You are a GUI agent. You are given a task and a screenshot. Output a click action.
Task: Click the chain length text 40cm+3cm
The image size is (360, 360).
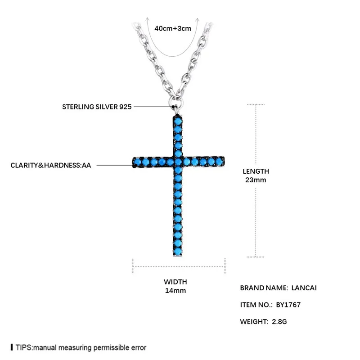[173, 28]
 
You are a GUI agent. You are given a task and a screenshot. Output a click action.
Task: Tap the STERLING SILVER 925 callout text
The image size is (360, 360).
[96, 108]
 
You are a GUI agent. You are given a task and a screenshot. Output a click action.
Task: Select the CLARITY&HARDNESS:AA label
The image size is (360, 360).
[51, 165]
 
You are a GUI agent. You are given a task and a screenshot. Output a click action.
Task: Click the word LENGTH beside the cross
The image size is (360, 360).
[256, 171]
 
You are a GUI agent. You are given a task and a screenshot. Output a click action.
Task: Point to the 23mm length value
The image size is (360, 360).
[255, 180]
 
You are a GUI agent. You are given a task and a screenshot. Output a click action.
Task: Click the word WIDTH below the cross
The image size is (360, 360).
[175, 282]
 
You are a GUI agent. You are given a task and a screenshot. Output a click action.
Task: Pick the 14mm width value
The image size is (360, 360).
[175, 291]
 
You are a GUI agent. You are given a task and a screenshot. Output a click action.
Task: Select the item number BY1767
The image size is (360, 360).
[289, 305]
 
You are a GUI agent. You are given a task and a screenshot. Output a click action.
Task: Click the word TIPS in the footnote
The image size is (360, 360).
[24, 347]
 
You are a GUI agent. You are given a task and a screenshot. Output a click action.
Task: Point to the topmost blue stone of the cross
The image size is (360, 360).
[178, 121]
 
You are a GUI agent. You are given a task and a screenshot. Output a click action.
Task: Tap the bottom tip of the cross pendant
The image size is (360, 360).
[178, 255]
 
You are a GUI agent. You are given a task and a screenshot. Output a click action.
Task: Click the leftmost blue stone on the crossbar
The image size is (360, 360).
[137, 161]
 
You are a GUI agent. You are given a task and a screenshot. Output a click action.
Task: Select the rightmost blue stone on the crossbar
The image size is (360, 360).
[219, 161]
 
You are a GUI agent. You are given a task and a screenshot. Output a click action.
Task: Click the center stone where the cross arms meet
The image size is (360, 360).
[178, 161]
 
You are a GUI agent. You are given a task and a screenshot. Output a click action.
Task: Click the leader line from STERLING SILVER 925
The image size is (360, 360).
[153, 107]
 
